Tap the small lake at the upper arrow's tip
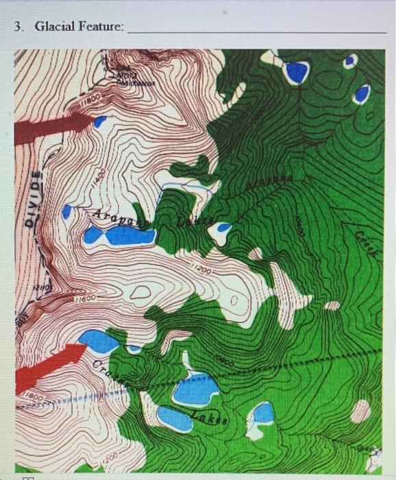click(x=100, y=122)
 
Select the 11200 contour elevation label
click(x=201, y=270)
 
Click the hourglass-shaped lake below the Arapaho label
click(x=119, y=237)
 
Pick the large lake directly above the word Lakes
click(x=195, y=389)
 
